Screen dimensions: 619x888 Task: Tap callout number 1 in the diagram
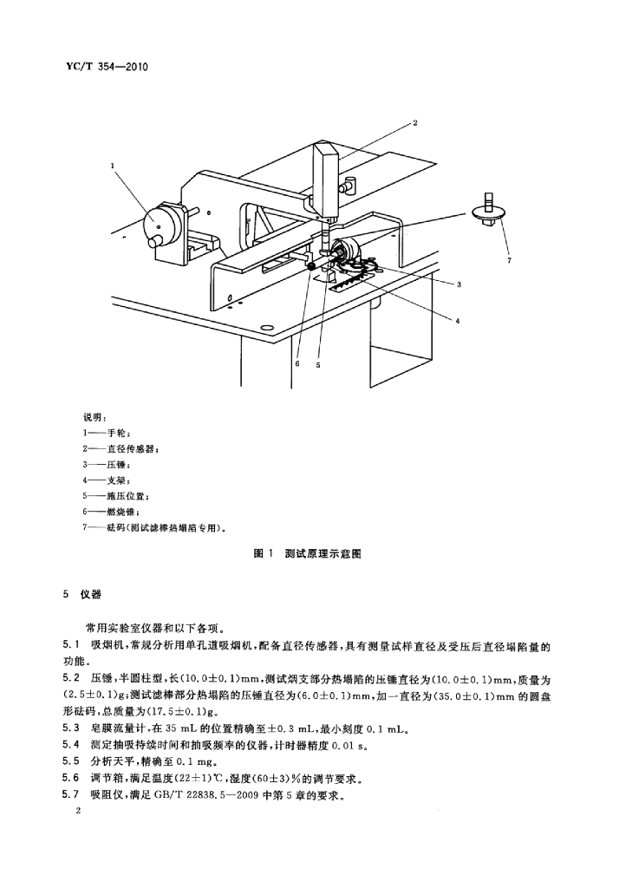(113, 166)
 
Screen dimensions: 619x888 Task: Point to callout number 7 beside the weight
(509, 260)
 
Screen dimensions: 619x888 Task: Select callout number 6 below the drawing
(297, 364)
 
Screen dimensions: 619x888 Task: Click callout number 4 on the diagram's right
(458, 321)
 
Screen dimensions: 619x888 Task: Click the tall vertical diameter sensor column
(326, 180)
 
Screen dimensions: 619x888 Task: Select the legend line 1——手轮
(107, 434)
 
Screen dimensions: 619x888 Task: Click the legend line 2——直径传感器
(121, 449)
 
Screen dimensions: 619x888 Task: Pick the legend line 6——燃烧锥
(110, 512)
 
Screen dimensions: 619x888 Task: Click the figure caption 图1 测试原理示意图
(308, 553)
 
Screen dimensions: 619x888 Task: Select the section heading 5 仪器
(82, 595)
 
